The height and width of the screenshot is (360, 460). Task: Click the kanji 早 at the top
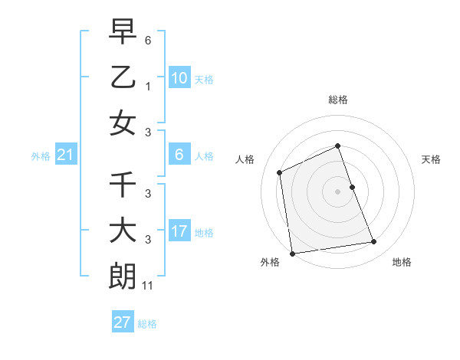(123, 33)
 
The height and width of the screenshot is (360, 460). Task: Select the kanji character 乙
(123, 77)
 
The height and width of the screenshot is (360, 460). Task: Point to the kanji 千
(123, 185)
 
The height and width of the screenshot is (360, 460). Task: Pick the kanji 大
(123, 231)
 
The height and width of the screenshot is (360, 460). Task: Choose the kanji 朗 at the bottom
(123, 276)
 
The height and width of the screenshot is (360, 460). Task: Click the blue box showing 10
(179, 78)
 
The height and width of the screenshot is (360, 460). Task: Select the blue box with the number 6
(179, 155)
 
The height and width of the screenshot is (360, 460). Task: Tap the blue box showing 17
(179, 231)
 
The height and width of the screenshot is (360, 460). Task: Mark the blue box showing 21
(66, 155)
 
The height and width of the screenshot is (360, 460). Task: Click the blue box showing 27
(123, 322)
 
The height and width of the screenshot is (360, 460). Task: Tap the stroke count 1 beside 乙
(148, 87)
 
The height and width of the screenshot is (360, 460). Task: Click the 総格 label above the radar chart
(337, 100)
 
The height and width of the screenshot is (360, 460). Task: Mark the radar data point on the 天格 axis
(353, 187)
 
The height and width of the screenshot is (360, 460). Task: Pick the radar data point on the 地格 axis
(374, 242)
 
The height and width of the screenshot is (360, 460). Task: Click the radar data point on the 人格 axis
(280, 172)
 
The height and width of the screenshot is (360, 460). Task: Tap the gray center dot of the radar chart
(337, 191)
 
